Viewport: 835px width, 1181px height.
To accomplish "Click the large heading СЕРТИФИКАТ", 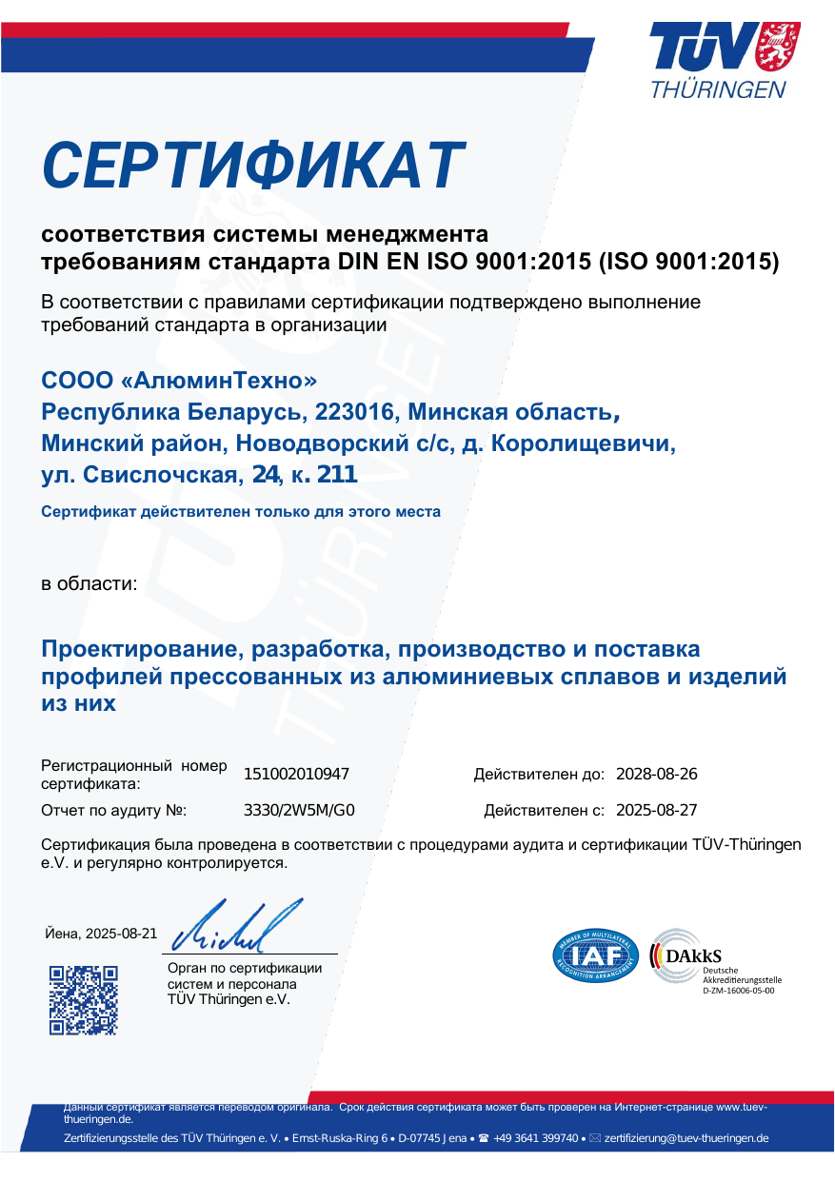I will tap(253, 166).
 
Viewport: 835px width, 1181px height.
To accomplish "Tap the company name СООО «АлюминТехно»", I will tap(179, 381).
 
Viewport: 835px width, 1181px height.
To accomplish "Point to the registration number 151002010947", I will tap(296, 775).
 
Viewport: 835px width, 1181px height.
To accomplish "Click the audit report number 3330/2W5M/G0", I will tap(299, 811).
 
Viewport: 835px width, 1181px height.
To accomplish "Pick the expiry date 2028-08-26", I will tap(657, 775).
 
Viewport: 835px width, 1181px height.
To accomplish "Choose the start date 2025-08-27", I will tap(657, 811).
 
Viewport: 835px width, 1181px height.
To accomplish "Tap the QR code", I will tap(84, 999).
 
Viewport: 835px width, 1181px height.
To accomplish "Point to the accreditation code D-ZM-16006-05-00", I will tap(738, 991).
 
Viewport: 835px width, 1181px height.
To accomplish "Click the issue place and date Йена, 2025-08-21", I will tap(102, 934).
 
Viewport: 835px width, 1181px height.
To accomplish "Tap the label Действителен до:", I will tap(539, 775).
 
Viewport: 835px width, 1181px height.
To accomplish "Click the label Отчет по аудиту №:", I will tap(114, 811).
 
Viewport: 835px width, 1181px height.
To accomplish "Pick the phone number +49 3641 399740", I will tap(535, 1138).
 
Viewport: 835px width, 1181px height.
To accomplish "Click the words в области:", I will tap(89, 582).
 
